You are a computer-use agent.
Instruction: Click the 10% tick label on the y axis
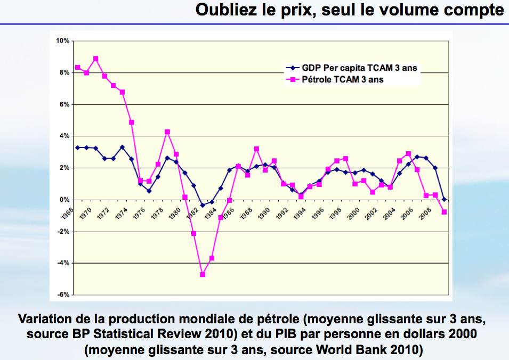pyautogui.click(x=63, y=41)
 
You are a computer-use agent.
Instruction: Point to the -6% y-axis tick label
pyautogui.click(x=63, y=294)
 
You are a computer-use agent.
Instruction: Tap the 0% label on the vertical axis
pyautogui.click(x=64, y=200)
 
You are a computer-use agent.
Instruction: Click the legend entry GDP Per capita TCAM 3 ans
pyautogui.click(x=359, y=68)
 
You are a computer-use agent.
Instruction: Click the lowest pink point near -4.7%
pyautogui.click(x=203, y=275)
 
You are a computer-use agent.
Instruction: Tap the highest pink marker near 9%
pyautogui.click(x=96, y=59)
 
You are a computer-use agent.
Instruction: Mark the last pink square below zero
pyautogui.click(x=444, y=212)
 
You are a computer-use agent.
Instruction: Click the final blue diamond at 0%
pyautogui.click(x=444, y=200)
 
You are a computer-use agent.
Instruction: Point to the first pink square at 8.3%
pyautogui.click(x=78, y=68)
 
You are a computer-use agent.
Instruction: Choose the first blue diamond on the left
pyautogui.click(x=78, y=148)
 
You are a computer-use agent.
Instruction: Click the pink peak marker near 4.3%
pyautogui.click(x=167, y=132)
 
